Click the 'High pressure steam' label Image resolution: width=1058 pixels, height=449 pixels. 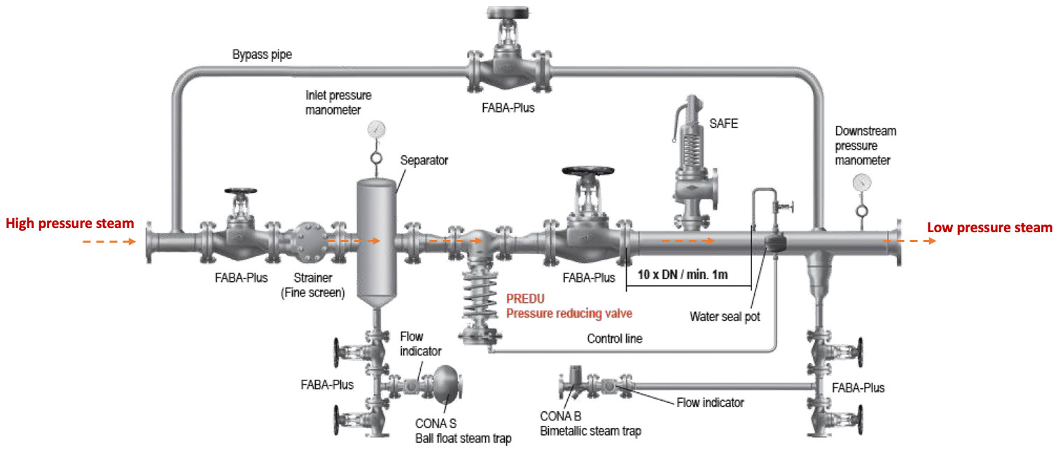click(x=69, y=224)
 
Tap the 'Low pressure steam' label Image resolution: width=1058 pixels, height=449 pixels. click(x=989, y=227)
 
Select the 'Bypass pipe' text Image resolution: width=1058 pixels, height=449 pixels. click(x=263, y=54)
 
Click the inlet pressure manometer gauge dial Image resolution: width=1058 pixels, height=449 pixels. click(x=377, y=129)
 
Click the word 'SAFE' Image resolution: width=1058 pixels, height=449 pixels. click(x=724, y=124)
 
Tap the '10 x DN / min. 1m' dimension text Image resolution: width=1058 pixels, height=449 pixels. click(x=683, y=274)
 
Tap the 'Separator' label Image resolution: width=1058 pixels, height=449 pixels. click(x=424, y=161)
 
